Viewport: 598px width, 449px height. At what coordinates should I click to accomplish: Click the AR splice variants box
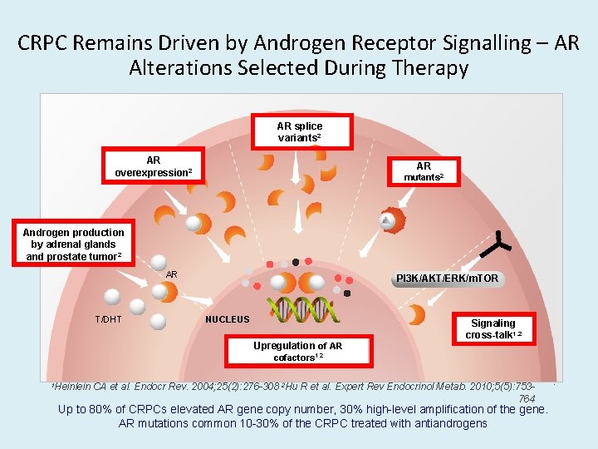pos(299,131)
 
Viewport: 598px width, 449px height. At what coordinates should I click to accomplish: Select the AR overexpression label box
pos(153,165)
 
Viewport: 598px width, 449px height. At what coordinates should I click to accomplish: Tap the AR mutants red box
pos(424,171)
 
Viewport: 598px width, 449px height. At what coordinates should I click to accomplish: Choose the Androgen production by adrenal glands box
pos(74,244)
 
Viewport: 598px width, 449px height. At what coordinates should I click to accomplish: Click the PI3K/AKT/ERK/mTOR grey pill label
pos(447,278)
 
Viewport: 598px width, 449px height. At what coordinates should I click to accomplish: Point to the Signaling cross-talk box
pos(493,328)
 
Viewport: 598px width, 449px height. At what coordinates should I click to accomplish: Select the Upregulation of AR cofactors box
pos(297,351)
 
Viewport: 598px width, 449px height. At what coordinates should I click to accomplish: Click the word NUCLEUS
pos(227,318)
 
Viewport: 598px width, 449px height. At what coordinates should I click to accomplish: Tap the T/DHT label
pos(108,318)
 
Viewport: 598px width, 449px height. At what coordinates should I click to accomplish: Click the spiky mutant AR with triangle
pos(389,220)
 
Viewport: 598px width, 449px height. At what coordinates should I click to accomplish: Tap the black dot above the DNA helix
pos(295,263)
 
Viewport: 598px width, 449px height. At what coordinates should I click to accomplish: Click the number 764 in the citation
pos(526,398)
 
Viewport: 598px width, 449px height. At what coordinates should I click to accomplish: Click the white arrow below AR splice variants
pos(295,170)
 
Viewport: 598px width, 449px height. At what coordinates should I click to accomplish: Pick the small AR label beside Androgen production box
pos(171,274)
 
